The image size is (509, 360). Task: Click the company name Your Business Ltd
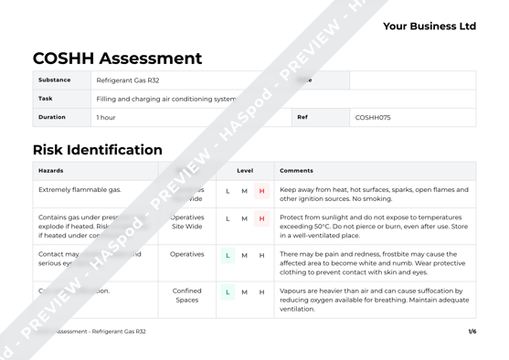(429, 26)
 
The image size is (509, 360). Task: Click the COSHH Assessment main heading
(117, 58)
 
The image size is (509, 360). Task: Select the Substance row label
(54, 80)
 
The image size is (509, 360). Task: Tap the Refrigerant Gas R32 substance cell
(127, 80)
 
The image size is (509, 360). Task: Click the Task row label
(46, 99)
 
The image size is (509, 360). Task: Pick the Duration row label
(51, 117)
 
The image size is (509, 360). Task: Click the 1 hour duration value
(106, 118)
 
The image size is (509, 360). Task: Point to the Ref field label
(302, 117)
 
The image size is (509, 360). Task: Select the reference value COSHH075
(373, 118)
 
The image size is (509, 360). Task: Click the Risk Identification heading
(98, 150)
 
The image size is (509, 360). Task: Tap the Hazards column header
(51, 171)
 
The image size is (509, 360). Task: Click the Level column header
(245, 171)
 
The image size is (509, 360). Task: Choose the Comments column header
(296, 171)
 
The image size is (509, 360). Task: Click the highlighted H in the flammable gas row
(261, 191)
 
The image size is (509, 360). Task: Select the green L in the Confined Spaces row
(228, 291)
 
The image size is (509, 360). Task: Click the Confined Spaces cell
(186, 295)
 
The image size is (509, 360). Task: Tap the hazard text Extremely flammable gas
(80, 190)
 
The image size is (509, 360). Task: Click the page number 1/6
(472, 332)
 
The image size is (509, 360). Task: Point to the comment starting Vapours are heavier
(371, 300)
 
